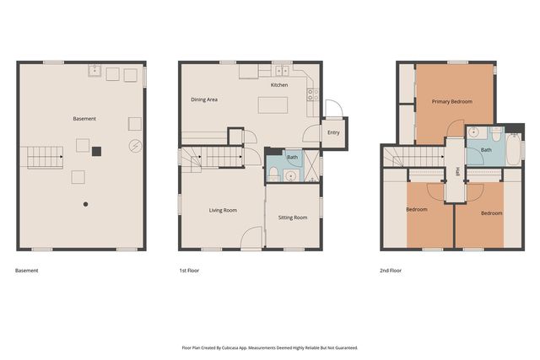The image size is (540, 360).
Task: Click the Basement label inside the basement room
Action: (x=84, y=119)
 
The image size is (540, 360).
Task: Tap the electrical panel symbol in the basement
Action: (x=135, y=146)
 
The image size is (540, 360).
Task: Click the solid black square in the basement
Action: (x=96, y=151)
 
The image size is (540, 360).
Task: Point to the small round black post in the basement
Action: (x=84, y=204)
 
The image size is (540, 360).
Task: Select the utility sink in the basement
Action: (x=96, y=73)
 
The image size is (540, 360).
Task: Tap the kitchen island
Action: (x=273, y=105)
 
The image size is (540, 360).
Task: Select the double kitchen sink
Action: (x=280, y=72)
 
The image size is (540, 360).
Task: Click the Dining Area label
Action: (x=204, y=99)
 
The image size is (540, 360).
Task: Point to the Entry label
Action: (x=333, y=132)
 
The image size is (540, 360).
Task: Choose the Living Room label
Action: (x=223, y=210)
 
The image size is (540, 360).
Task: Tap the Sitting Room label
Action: (x=293, y=217)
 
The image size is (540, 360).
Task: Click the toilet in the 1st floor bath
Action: (x=274, y=173)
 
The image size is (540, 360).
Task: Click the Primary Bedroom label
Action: (x=451, y=101)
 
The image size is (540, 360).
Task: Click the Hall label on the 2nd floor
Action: (x=456, y=171)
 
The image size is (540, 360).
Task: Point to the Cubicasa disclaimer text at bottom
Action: (x=270, y=347)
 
